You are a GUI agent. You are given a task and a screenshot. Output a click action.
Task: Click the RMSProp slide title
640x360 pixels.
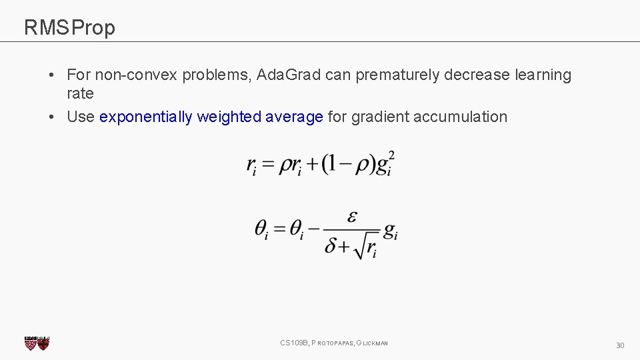coord(69,28)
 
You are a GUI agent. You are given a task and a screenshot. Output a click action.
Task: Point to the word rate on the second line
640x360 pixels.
coord(80,94)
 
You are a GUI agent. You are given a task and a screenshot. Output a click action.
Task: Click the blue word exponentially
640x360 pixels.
coord(146,117)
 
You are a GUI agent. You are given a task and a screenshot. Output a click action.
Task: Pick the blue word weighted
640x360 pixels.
coord(229,117)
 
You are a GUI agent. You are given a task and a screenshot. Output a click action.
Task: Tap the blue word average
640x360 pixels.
coord(294,117)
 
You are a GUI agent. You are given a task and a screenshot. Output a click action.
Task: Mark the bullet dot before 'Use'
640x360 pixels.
coord(51,117)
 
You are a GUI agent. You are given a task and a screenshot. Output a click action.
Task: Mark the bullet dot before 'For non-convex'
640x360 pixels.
coord(51,75)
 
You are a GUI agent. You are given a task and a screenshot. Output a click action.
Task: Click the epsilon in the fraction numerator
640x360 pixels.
coord(353,217)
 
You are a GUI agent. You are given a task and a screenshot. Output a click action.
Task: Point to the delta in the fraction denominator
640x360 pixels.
coord(332,247)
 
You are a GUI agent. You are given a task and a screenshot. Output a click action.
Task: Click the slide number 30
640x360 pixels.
coord(620,345)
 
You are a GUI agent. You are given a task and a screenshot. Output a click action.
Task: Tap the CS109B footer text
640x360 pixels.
coord(334,343)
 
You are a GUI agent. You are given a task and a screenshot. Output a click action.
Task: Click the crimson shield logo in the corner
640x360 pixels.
coord(37,343)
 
